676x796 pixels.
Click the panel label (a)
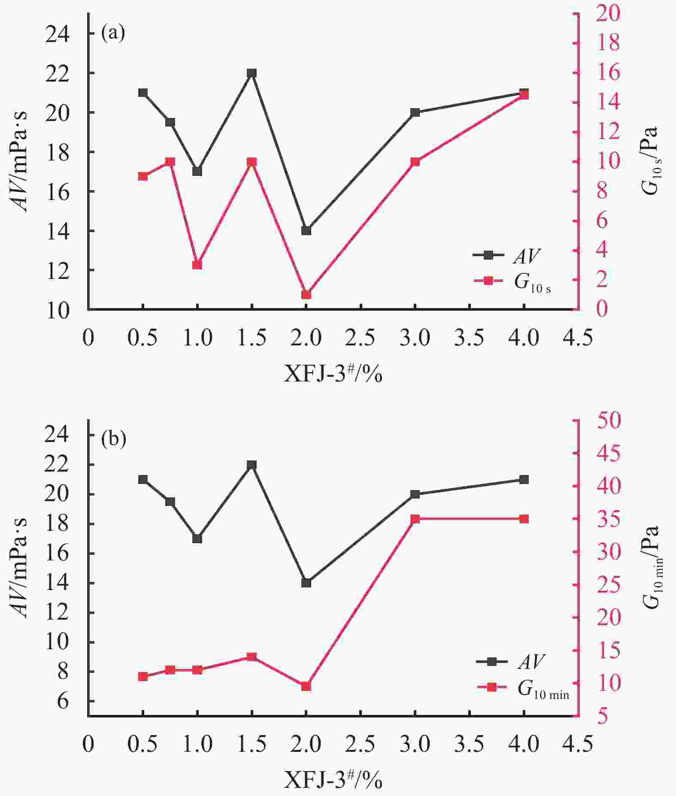coord(113,33)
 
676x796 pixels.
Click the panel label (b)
coord(113,439)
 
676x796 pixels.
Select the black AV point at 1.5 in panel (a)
coord(252,73)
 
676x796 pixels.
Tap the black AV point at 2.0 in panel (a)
coord(306,231)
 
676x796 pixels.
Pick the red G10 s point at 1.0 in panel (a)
coord(197,265)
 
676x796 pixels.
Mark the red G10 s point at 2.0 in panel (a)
coord(306,295)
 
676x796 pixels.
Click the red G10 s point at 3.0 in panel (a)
coord(415,162)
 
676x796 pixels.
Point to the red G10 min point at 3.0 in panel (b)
coord(415,519)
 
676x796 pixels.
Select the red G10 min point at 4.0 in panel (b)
coord(524,519)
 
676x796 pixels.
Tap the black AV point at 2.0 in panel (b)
coord(306,583)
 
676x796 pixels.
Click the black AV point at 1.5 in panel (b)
coord(252,465)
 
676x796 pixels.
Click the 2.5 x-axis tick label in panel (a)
coord(361,338)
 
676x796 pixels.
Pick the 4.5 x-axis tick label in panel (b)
coord(578,744)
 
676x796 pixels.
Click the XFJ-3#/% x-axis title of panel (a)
coord(333,374)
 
